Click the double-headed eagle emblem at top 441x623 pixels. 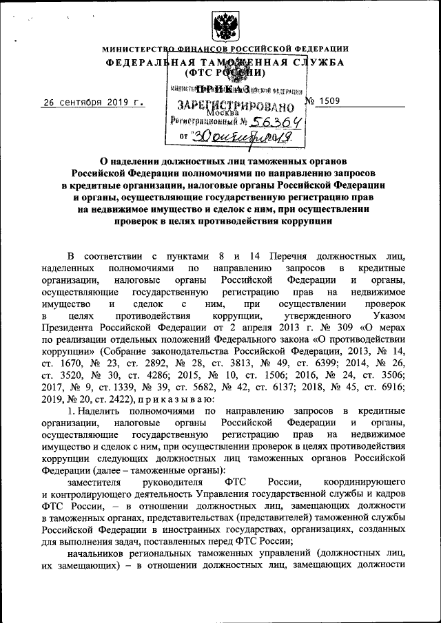223,27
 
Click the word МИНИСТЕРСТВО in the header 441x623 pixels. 135,49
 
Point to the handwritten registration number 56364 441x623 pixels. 274,120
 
